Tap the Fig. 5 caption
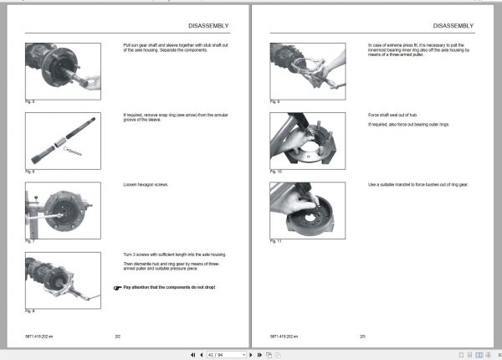pyautogui.click(x=29, y=101)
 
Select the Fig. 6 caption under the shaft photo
pyautogui.click(x=29, y=172)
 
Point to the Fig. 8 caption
pyautogui.click(x=29, y=311)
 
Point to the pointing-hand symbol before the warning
pyautogui.click(x=116, y=287)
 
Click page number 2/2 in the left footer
pyautogui.click(x=118, y=336)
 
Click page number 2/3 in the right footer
pyautogui.click(x=362, y=336)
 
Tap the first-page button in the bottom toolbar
pyautogui.click(x=194, y=354)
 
